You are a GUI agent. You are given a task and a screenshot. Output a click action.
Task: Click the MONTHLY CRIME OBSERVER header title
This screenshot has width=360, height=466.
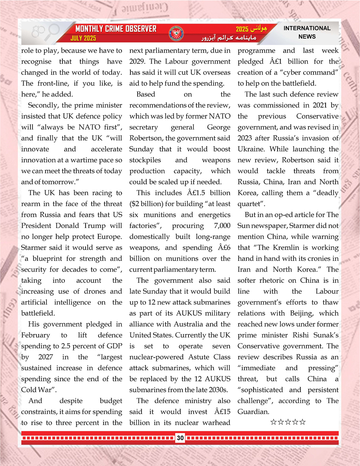pyautogui.click(x=116, y=29)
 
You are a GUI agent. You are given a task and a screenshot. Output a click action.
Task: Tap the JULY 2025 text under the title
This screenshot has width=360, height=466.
pyautogui.click(x=83, y=39)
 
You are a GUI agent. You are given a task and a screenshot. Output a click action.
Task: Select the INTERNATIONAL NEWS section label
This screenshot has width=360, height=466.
pyautogui.click(x=307, y=32)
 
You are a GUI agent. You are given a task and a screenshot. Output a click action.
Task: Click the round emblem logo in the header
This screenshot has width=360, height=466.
pyautogui.click(x=176, y=33)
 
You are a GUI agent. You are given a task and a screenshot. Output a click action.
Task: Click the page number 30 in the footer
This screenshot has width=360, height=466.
pyautogui.click(x=180, y=438)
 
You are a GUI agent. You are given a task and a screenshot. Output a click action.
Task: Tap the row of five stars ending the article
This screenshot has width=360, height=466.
pyautogui.click(x=288, y=422)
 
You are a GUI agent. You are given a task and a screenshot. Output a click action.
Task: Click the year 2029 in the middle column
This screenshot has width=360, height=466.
pyautogui.click(x=138, y=62)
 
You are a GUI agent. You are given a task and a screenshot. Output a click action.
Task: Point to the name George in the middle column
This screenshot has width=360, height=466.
pyautogui.click(x=218, y=127)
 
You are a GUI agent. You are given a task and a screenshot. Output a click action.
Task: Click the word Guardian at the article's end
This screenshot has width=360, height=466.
pyautogui.click(x=252, y=412)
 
